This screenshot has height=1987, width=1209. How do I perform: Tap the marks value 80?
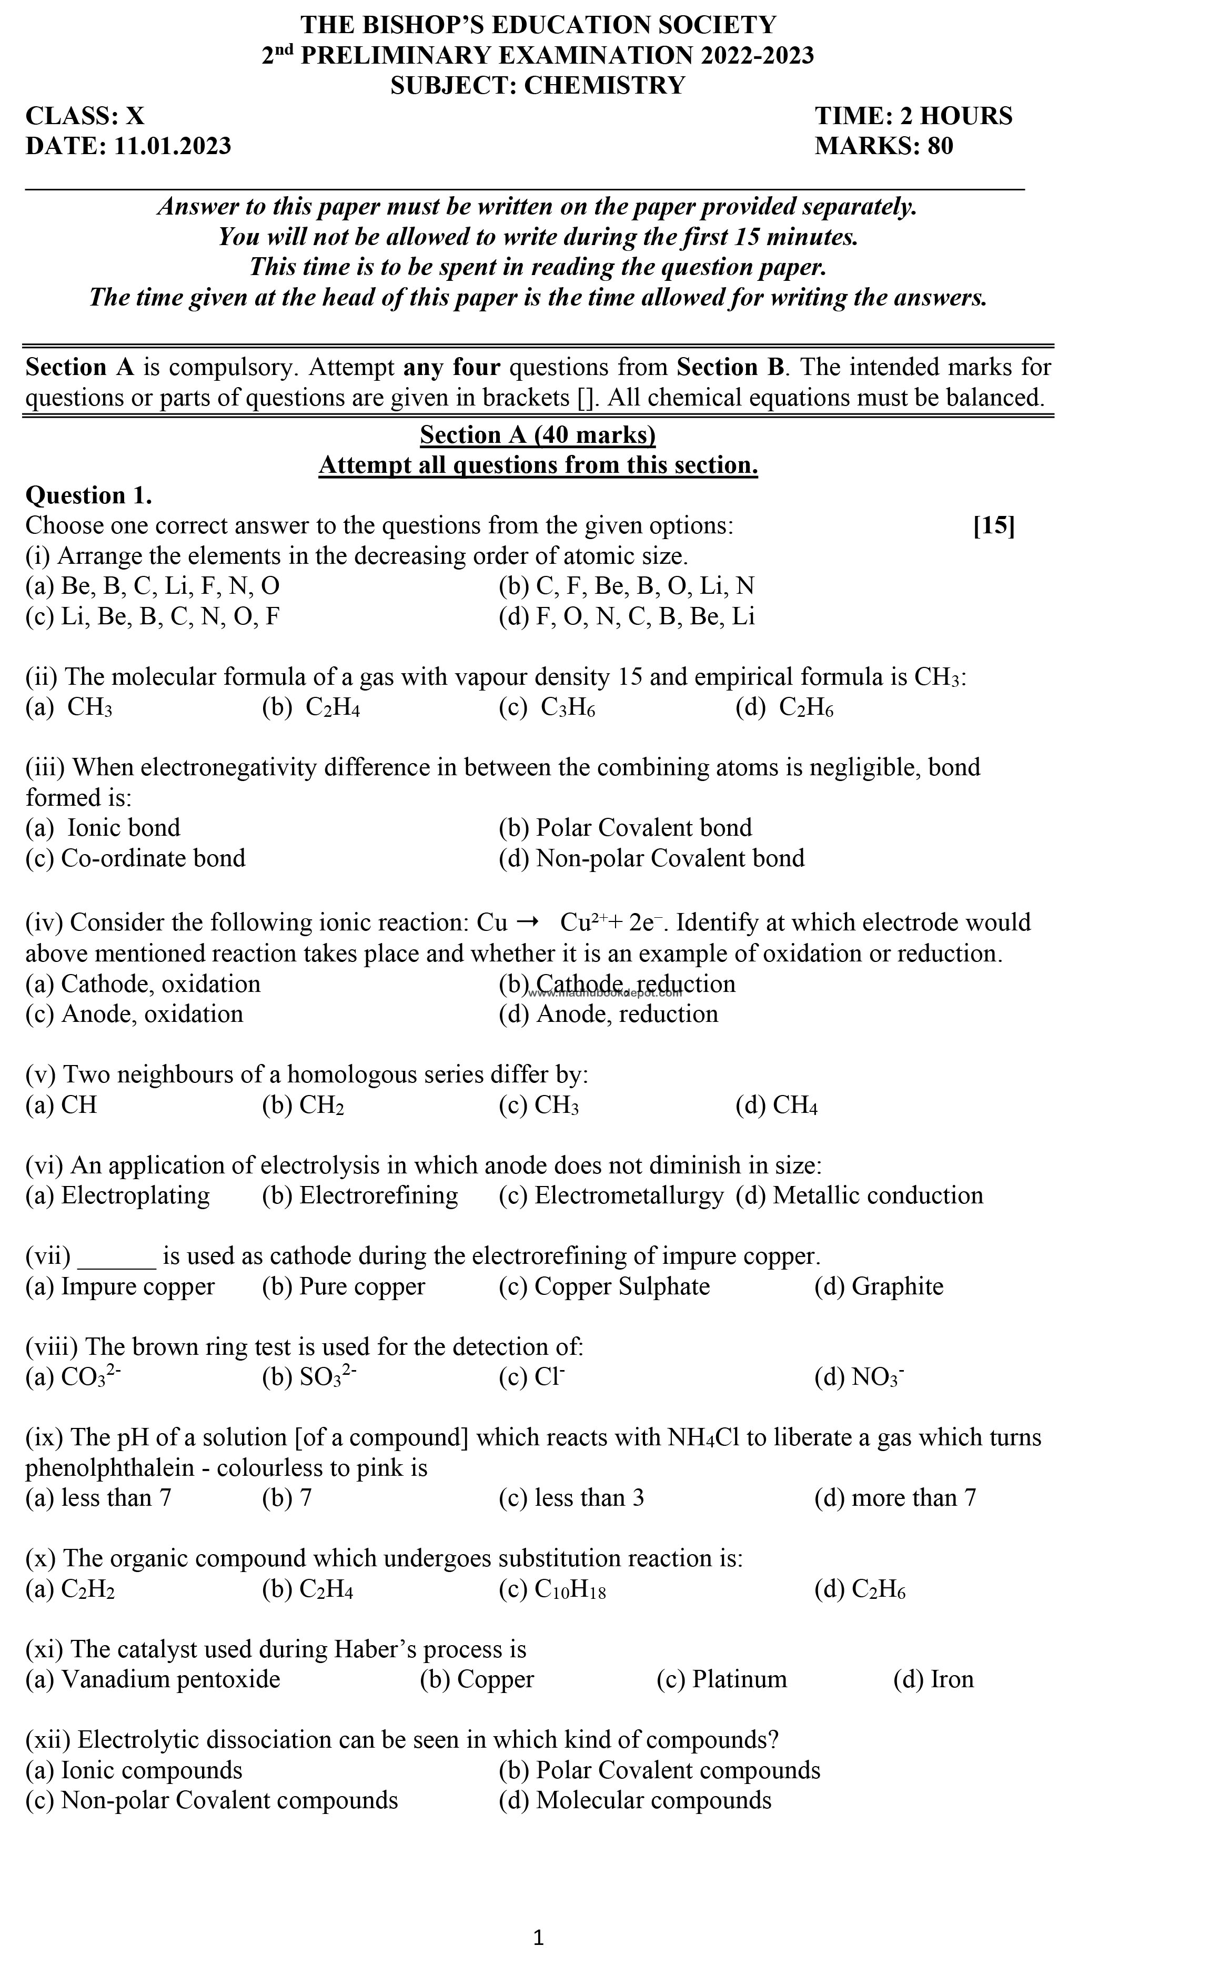pyautogui.click(x=939, y=146)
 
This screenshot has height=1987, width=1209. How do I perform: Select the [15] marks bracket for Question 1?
pyautogui.click(x=994, y=526)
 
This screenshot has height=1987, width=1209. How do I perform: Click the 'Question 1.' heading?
pyautogui.click(x=89, y=495)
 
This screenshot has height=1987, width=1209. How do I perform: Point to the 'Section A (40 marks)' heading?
pyautogui.click(x=537, y=435)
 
